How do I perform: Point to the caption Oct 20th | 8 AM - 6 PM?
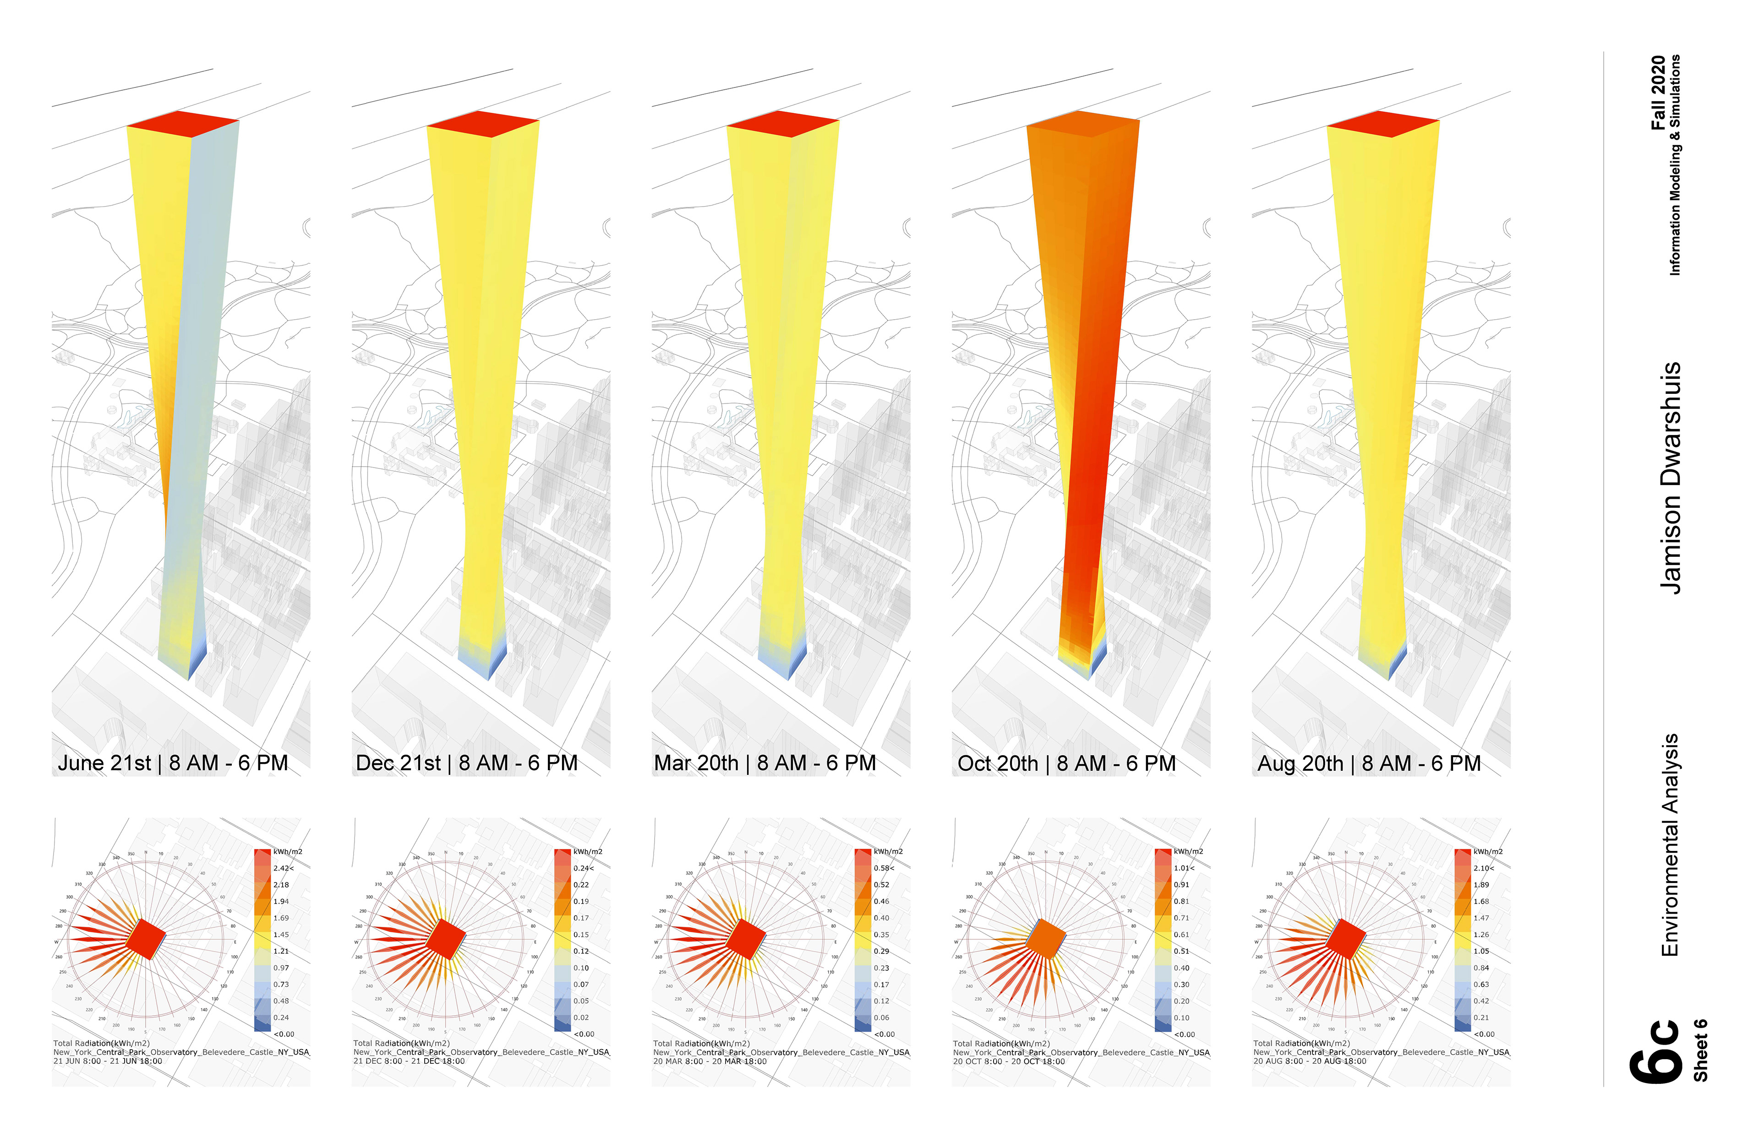pos(1066,763)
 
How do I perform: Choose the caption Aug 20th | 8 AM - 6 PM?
pos(1369,763)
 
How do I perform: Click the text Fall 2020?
pos(1658,93)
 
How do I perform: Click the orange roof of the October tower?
pos(1083,124)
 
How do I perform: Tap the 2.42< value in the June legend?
pos(283,868)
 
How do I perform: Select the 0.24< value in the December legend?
pos(583,868)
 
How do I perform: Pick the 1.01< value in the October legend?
pos(1183,868)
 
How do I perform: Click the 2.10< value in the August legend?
pos(1483,868)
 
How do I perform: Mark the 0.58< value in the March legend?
pos(883,868)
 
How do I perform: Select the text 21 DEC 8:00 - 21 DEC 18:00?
pos(409,1061)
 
